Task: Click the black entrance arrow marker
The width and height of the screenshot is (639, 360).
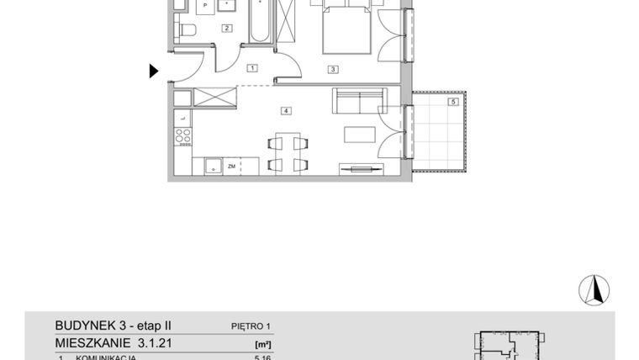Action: click(154, 71)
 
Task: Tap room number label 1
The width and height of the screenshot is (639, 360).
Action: click(251, 67)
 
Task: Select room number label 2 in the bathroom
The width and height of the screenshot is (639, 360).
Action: click(226, 28)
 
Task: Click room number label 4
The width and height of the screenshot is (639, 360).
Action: click(287, 110)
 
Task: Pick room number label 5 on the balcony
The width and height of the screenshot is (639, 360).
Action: click(452, 102)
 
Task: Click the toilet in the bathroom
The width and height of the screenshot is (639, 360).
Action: click(187, 32)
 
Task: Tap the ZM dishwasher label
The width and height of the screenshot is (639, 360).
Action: click(230, 167)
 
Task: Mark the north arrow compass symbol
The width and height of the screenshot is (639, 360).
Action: click(594, 290)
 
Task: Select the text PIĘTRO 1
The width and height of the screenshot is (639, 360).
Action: click(251, 326)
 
